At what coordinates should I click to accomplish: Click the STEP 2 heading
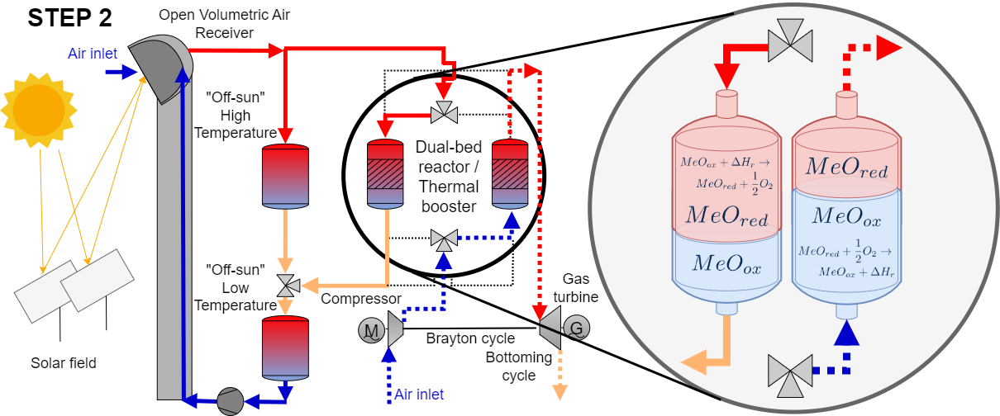pyautogui.click(x=70, y=18)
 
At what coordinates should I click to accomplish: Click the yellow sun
pyautogui.click(x=38, y=108)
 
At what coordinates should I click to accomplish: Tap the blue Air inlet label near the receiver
pyautogui.click(x=93, y=54)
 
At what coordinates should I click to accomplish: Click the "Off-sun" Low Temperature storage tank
pyautogui.click(x=284, y=346)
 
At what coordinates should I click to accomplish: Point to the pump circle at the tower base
pyautogui.click(x=230, y=401)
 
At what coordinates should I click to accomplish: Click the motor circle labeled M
pyautogui.click(x=371, y=331)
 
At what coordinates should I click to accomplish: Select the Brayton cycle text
pyautogui.click(x=470, y=339)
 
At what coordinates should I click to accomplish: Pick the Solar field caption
pyautogui.click(x=64, y=363)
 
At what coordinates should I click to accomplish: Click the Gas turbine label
pyautogui.click(x=577, y=288)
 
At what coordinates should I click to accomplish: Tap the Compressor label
pyautogui.click(x=361, y=298)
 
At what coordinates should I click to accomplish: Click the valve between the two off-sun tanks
pyautogui.click(x=287, y=286)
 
